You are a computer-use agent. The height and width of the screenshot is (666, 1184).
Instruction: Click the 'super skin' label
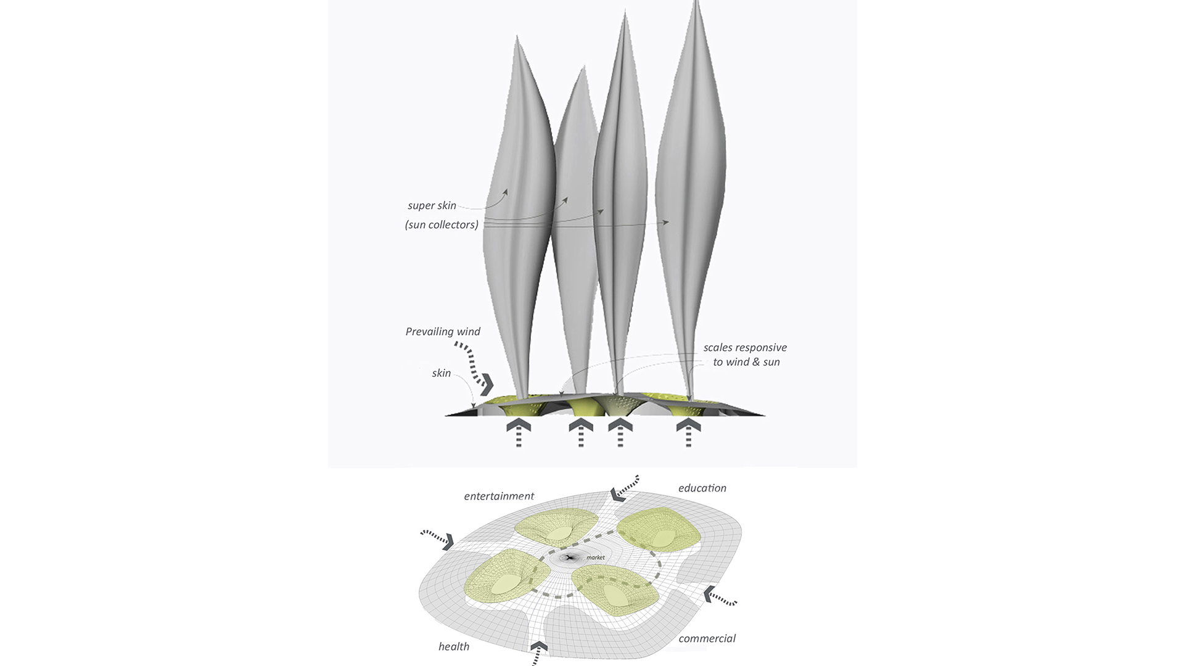click(432, 205)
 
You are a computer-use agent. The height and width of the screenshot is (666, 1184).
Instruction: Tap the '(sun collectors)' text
click(442, 224)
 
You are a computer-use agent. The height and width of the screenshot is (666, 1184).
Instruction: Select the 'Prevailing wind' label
click(443, 332)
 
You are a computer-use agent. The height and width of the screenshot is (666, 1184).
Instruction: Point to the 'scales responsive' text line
click(745, 347)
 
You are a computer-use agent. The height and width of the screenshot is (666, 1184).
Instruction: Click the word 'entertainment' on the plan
click(499, 496)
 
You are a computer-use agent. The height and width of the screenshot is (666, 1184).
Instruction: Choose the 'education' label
click(702, 488)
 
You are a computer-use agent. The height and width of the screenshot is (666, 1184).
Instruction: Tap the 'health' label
click(454, 646)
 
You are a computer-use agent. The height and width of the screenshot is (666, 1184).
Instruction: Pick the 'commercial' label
click(707, 638)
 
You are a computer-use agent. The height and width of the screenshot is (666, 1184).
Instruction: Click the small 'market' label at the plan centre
click(596, 557)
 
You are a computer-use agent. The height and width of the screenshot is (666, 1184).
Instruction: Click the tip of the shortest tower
click(581, 68)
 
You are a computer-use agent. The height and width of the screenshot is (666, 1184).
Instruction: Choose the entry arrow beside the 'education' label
click(617, 493)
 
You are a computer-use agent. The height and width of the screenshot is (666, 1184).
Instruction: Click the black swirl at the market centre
click(570, 557)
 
